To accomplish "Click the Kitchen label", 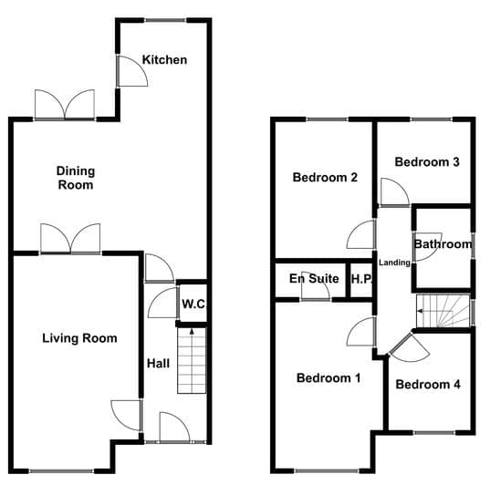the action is click(x=164, y=59).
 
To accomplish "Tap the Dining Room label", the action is click(x=76, y=178).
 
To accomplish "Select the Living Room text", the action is click(x=79, y=338).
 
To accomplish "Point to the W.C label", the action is click(x=193, y=304).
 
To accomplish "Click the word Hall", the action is click(x=159, y=363).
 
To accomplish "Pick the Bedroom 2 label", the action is click(x=325, y=178).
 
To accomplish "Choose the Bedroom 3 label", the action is click(x=427, y=161).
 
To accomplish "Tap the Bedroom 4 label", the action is click(x=428, y=384).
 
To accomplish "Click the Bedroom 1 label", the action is click(x=328, y=378).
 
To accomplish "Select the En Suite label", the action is click(x=314, y=278).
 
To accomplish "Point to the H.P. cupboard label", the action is click(x=362, y=279).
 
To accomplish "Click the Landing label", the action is click(x=394, y=263).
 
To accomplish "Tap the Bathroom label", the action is click(x=443, y=244).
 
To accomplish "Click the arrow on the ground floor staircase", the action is click(x=192, y=331).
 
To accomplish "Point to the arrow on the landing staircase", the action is click(x=422, y=311).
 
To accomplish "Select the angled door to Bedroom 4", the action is click(x=410, y=348).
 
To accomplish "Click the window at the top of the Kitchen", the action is click(x=166, y=21).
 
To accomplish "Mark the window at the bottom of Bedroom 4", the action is click(x=434, y=432).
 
